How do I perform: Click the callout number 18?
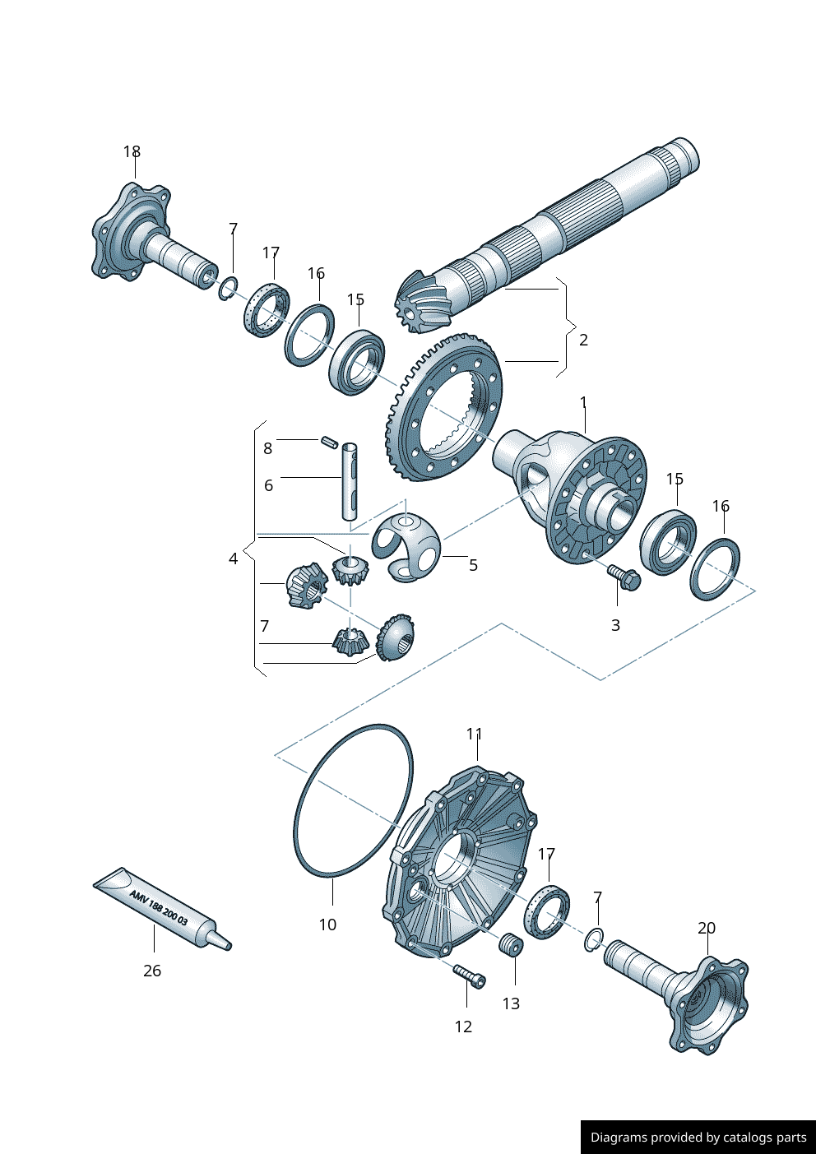coord(132,152)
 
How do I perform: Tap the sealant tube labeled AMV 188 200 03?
coord(161,909)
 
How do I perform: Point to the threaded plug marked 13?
coord(511,945)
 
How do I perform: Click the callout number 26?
coord(152,971)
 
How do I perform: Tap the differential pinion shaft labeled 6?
coord(350,482)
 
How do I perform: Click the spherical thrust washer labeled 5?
coord(406,546)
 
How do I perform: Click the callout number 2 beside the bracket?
coord(583,340)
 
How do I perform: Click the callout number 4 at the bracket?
coord(233,559)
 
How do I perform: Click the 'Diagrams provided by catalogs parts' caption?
coord(698,1138)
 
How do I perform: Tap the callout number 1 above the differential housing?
coord(583,402)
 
